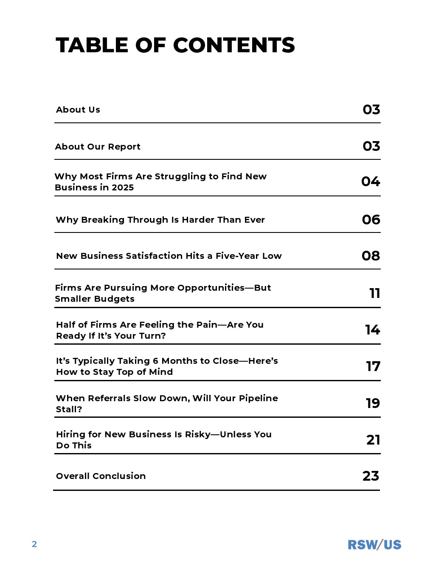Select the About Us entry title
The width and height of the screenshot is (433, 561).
coord(78,110)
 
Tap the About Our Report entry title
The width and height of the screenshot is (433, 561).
coord(98,147)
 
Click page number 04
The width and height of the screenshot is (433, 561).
coord(371,181)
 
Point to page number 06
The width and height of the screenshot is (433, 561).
coord(371,220)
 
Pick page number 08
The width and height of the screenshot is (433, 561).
coord(371,256)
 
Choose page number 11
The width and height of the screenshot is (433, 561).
coord(374,293)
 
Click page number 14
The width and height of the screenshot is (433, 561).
coord(372,330)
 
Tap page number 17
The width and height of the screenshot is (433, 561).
coord(373,366)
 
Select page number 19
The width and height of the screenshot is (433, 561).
coord(373,403)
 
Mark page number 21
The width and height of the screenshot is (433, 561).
coord(373,440)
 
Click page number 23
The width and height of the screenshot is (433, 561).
coord(371,476)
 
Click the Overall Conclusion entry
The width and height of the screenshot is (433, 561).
coord(101,476)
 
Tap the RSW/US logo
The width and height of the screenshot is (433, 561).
coord(374,544)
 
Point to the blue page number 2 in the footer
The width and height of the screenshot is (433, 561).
coord(34,544)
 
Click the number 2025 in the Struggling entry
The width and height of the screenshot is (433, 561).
coord(123,187)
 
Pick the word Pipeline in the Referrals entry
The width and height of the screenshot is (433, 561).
coord(258,398)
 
